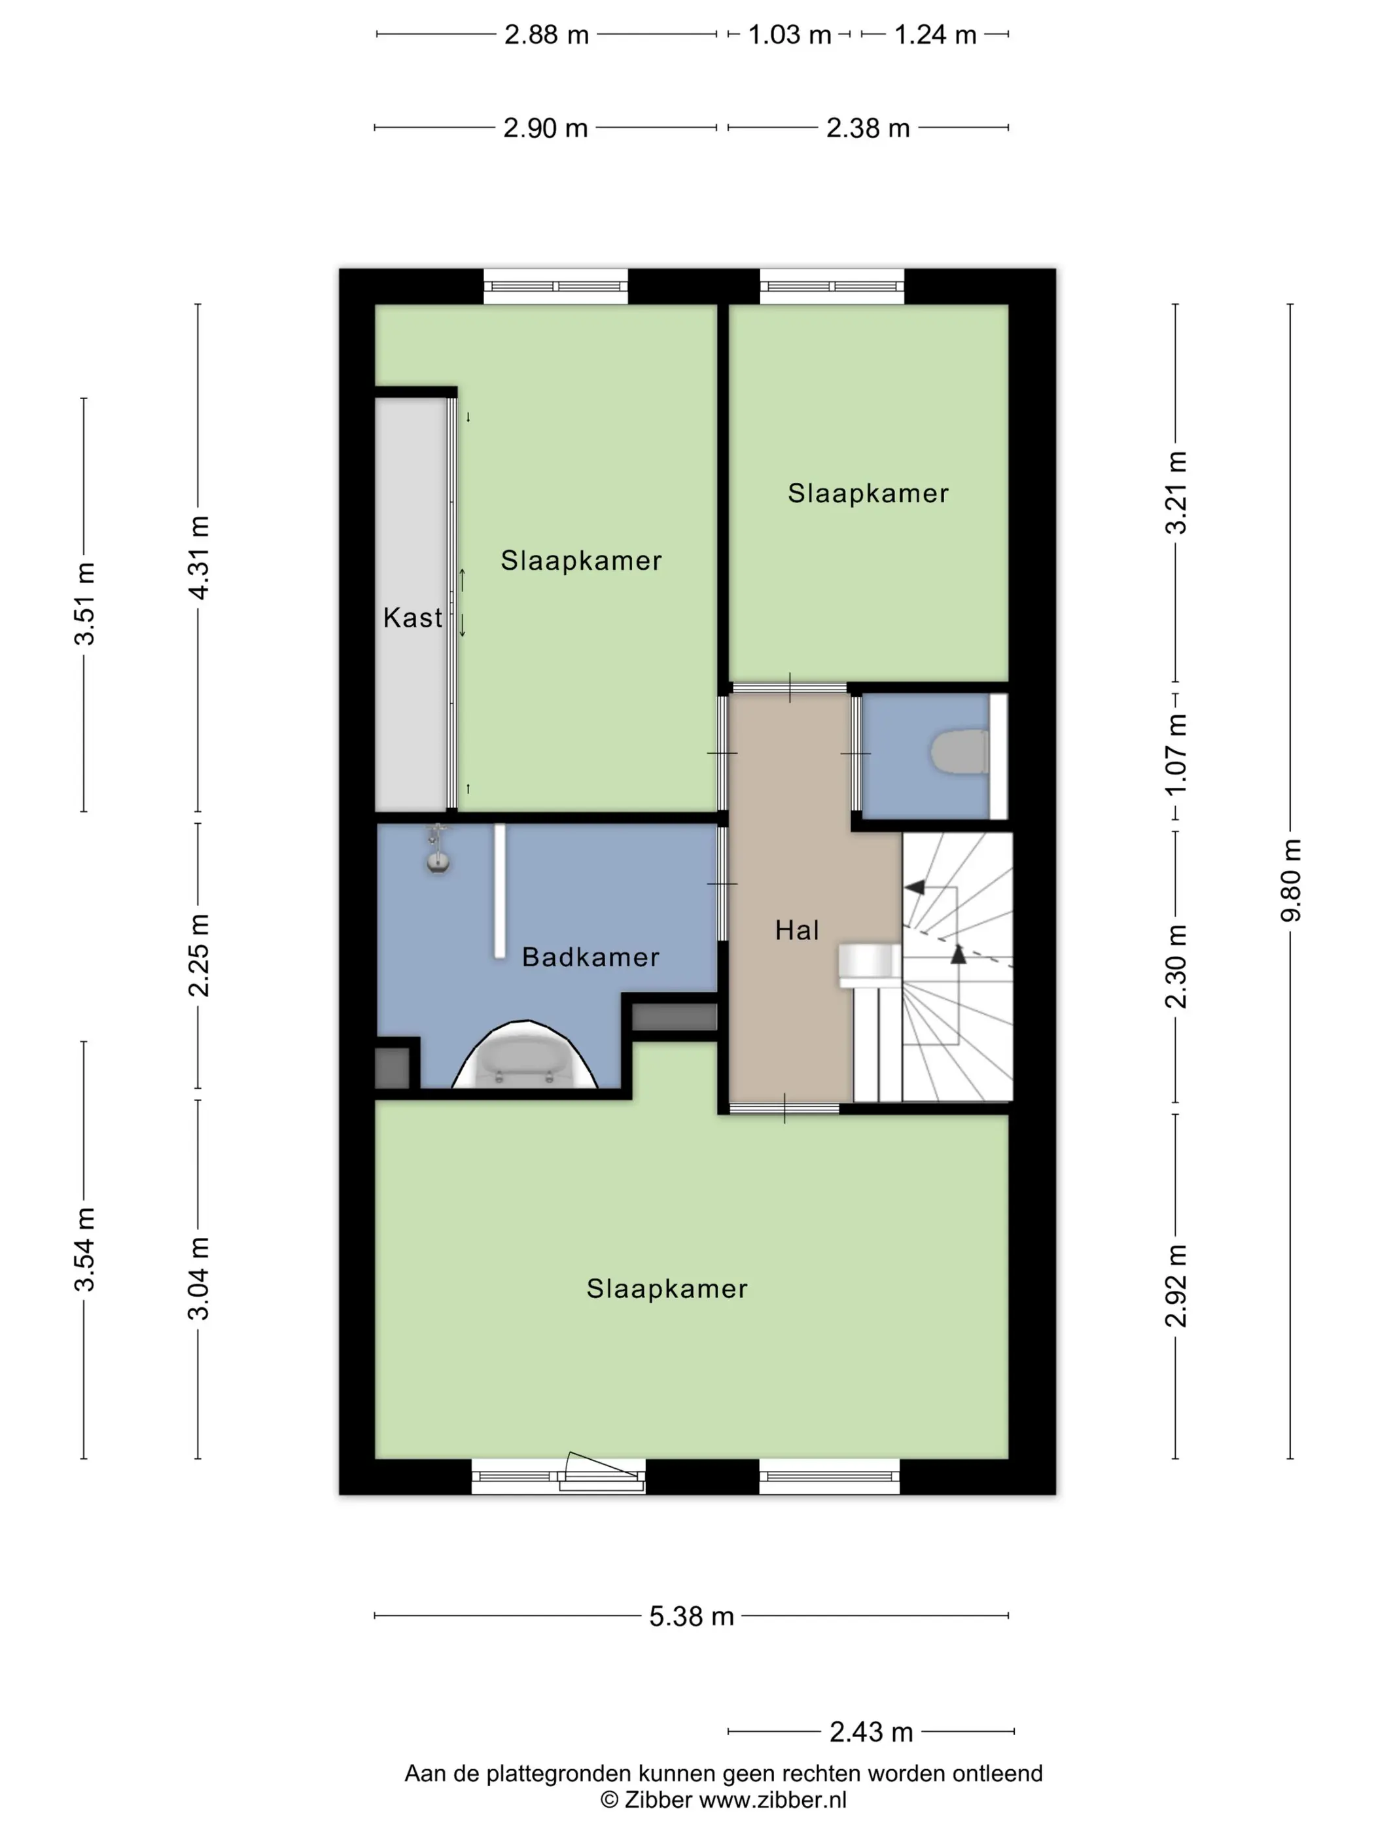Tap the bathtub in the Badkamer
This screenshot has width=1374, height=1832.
pyautogui.click(x=524, y=1057)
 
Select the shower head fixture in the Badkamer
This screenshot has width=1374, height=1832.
pyautogui.click(x=438, y=849)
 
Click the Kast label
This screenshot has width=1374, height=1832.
pyautogui.click(x=412, y=618)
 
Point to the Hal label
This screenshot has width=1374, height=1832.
pyautogui.click(x=797, y=930)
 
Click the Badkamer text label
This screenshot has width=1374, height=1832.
pyautogui.click(x=591, y=957)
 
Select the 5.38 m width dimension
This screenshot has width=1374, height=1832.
pyautogui.click(x=692, y=1616)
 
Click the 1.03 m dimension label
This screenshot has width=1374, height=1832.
pyautogui.click(x=789, y=35)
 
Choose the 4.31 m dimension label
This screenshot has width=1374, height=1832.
pyautogui.click(x=199, y=557)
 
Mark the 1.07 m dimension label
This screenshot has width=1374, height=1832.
pyautogui.click(x=1176, y=754)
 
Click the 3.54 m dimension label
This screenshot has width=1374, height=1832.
pyautogui.click(x=84, y=1249)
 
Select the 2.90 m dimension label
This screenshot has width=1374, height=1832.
pyautogui.click(x=546, y=128)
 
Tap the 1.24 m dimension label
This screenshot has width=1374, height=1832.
pyautogui.click(x=935, y=35)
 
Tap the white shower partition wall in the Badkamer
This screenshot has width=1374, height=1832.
pyautogui.click(x=499, y=891)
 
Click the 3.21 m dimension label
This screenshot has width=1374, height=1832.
pyautogui.click(x=1176, y=493)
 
